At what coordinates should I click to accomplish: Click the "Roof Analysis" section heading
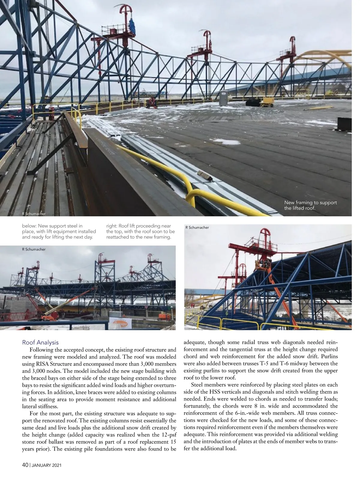(40, 342)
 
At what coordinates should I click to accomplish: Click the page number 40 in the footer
(25, 465)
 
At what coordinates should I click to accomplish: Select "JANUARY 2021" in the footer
(46, 465)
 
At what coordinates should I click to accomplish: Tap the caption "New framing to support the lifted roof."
(310, 205)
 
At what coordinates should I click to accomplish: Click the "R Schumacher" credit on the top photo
(34, 214)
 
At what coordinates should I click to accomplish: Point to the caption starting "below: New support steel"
(59, 231)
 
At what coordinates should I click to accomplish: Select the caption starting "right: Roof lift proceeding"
(140, 231)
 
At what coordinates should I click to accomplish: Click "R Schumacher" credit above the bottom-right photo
(197, 227)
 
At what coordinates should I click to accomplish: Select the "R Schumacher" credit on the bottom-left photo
(34, 249)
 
